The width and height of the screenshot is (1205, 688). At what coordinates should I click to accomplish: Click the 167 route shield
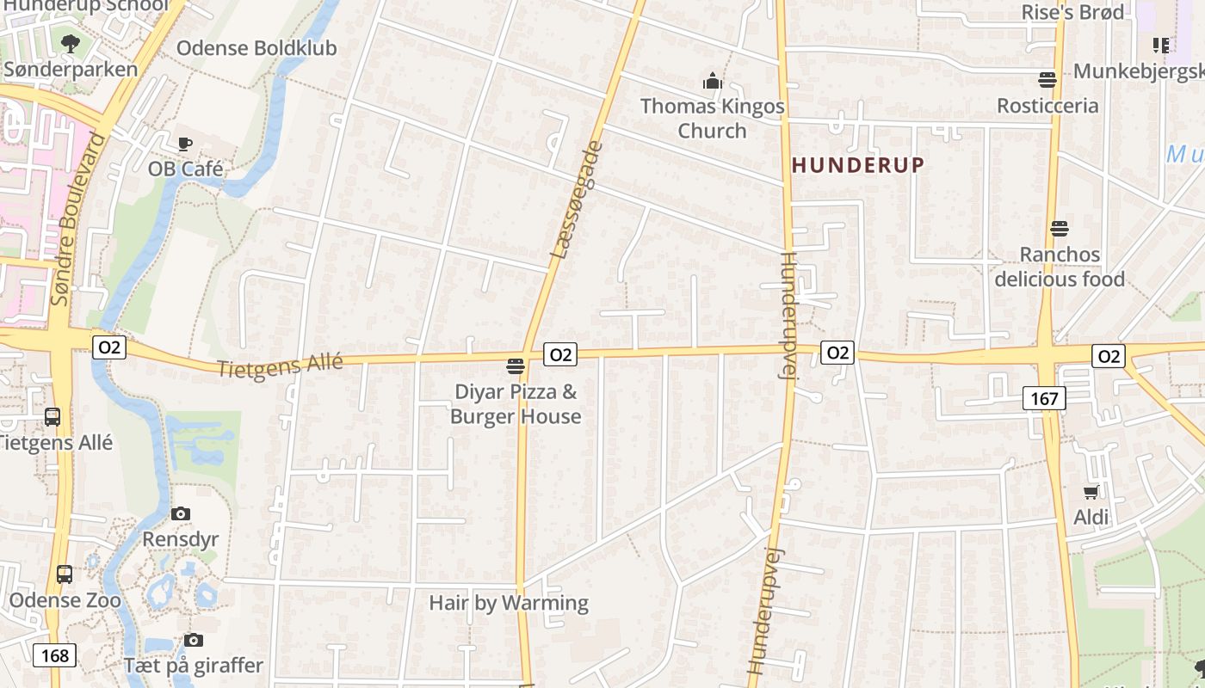pyautogui.click(x=1045, y=397)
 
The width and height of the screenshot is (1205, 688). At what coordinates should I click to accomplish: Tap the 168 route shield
pyautogui.click(x=54, y=655)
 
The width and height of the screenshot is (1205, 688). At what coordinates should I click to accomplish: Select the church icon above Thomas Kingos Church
pyautogui.click(x=713, y=82)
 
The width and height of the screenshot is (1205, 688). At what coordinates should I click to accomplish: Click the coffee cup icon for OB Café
pyautogui.click(x=184, y=144)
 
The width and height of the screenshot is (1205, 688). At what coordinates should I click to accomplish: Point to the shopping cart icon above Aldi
pyautogui.click(x=1091, y=492)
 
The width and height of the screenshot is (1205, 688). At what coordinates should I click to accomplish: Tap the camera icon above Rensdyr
pyautogui.click(x=181, y=513)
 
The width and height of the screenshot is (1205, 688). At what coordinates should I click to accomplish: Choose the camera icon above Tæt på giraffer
pyautogui.click(x=194, y=640)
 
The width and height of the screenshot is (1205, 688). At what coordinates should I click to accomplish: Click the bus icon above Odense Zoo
pyautogui.click(x=65, y=574)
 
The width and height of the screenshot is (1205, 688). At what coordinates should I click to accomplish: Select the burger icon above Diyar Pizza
pyautogui.click(x=516, y=366)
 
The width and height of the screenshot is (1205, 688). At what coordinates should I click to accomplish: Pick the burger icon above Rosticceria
pyautogui.click(x=1047, y=80)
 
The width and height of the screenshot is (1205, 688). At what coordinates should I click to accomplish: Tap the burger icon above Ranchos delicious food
pyautogui.click(x=1060, y=229)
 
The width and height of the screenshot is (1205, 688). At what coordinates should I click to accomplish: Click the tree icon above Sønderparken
pyautogui.click(x=71, y=43)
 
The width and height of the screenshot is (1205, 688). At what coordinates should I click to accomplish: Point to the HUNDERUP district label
pyautogui.click(x=858, y=165)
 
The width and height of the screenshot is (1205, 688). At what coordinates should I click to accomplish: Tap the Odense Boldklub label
pyautogui.click(x=256, y=48)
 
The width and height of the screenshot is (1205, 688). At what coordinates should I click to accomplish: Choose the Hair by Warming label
pyautogui.click(x=509, y=603)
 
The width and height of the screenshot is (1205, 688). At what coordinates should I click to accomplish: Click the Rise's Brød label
pyautogui.click(x=1072, y=12)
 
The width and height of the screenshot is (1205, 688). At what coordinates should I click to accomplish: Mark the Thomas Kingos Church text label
pyautogui.click(x=713, y=119)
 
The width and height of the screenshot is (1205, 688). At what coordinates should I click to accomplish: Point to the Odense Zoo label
pyautogui.click(x=65, y=600)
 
